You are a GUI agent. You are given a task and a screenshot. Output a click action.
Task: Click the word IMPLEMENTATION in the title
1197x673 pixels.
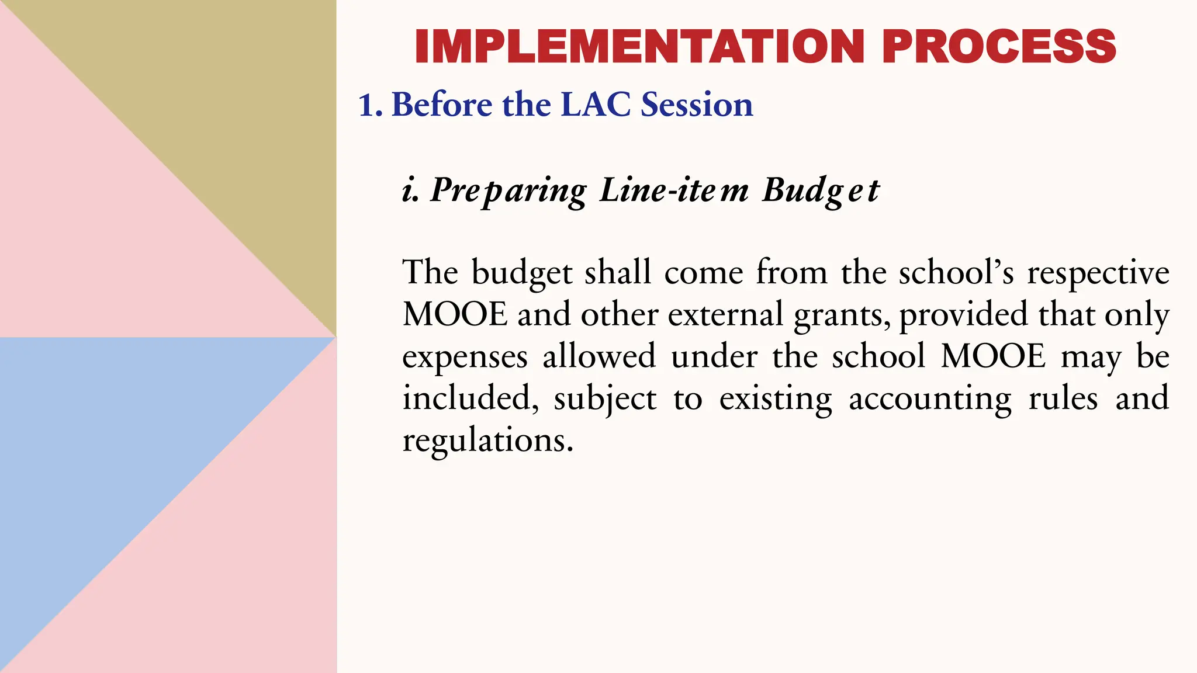pyautogui.click(x=639, y=46)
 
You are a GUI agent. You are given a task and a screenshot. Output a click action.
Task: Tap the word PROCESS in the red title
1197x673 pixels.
pyautogui.click(x=999, y=46)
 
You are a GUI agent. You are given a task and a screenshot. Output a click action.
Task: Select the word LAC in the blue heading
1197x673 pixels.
pyautogui.click(x=596, y=105)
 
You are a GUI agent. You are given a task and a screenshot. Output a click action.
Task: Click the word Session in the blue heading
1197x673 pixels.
pyautogui.click(x=697, y=105)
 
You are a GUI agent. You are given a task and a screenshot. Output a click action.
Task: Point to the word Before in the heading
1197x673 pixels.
pyautogui.click(x=442, y=105)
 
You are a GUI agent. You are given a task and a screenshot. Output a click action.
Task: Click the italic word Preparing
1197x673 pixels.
pyautogui.click(x=508, y=190)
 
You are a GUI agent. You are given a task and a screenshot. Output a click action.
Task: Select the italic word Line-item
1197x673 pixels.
pyautogui.click(x=674, y=190)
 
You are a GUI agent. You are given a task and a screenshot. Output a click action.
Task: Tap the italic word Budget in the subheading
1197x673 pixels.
pyautogui.click(x=821, y=190)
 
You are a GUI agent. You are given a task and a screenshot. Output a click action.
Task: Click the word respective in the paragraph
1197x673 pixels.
pyautogui.click(x=1098, y=273)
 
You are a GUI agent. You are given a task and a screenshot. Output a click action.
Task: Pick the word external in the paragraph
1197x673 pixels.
pyautogui.click(x=725, y=314)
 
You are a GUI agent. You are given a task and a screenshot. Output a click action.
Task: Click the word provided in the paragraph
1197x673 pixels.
pyautogui.click(x=963, y=314)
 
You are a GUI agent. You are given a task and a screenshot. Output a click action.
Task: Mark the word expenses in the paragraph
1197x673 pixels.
pyautogui.click(x=465, y=357)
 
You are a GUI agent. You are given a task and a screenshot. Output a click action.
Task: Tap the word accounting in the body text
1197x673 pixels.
pyautogui.click(x=930, y=399)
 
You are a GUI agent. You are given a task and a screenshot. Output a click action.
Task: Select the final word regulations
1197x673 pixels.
pyautogui.click(x=487, y=440)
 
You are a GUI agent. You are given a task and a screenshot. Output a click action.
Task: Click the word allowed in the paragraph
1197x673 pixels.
pyautogui.click(x=599, y=356)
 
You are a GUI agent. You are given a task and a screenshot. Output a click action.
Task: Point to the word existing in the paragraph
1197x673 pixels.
pyautogui.click(x=776, y=399)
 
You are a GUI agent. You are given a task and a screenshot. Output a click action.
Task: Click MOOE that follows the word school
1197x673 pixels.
pyautogui.click(x=993, y=356)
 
